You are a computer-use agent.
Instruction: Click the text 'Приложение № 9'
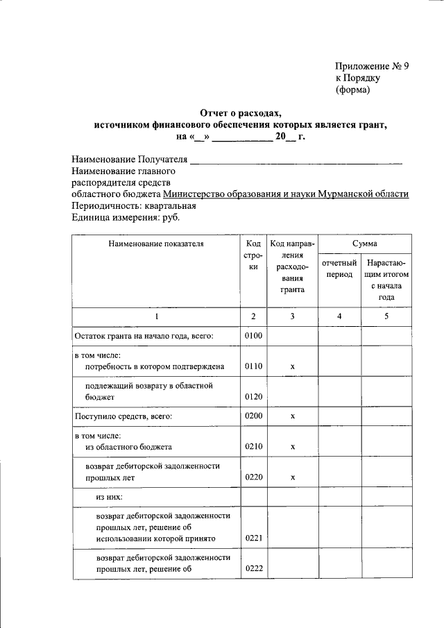click(x=372, y=67)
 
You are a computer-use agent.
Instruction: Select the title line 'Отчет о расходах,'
click(x=240, y=112)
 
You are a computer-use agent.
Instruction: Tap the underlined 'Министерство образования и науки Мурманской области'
click(x=286, y=194)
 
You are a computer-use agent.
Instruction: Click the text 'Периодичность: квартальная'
click(x=134, y=205)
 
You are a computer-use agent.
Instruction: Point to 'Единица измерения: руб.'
click(x=126, y=217)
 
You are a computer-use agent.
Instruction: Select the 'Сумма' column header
click(x=364, y=244)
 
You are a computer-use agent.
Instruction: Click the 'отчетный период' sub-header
click(x=339, y=269)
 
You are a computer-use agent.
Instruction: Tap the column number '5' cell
click(x=386, y=316)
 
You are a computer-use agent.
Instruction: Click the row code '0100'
click(x=253, y=336)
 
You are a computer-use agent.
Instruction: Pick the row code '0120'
click(x=253, y=397)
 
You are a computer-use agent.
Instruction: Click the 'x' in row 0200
click(x=292, y=416)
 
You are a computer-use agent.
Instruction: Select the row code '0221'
click(x=253, y=538)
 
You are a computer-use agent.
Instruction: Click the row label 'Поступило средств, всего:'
click(x=123, y=416)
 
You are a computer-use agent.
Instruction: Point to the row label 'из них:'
click(x=109, y=498)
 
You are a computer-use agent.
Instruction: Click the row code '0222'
click(x=253, y=570)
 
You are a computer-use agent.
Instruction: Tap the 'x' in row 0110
click(x=292, y=366)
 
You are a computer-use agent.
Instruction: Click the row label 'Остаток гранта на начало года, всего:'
click(x=144, y=336)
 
